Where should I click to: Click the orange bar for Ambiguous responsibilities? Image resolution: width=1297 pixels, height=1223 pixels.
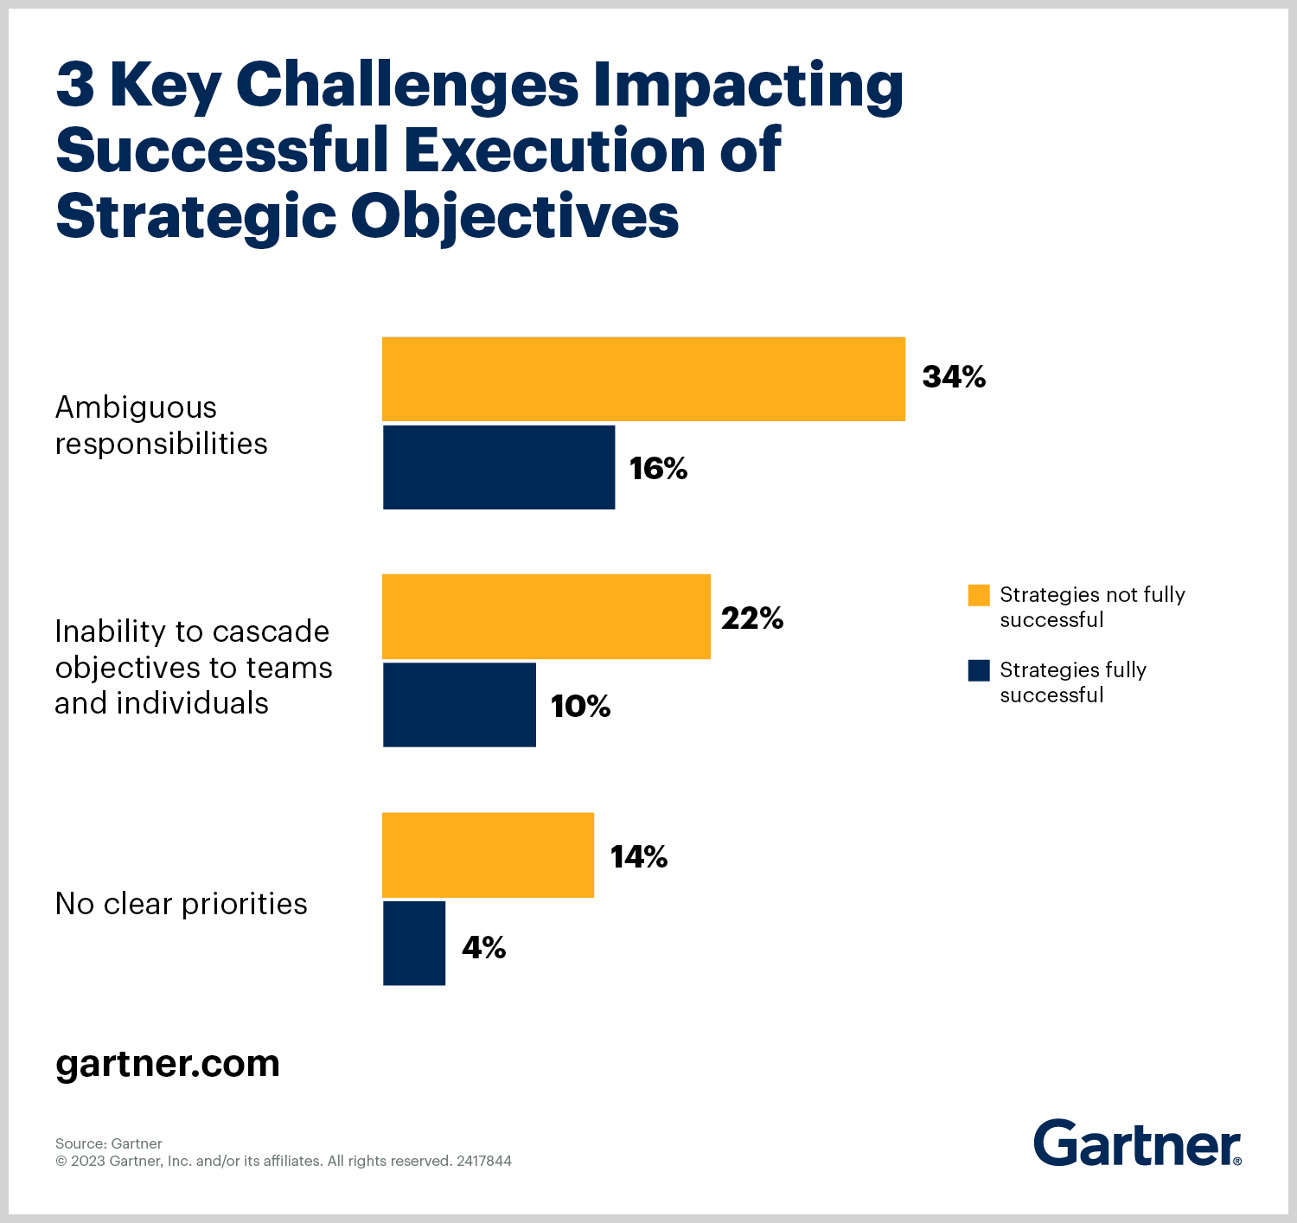click(643, 379)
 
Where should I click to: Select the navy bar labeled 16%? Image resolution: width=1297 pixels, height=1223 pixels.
click(499, 467)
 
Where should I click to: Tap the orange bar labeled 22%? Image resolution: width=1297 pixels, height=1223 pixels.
click(546, 617)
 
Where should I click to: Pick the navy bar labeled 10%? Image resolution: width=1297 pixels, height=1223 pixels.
click(459, 705)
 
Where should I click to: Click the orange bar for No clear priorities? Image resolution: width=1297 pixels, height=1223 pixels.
click(488, 855)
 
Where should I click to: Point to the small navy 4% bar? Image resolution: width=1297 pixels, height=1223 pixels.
click(414, 943)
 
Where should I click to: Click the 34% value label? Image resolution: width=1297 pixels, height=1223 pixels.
click(954, 377)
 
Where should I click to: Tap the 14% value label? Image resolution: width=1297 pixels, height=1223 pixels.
click(639, 856)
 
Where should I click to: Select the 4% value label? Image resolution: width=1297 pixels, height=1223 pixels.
click(483, 948)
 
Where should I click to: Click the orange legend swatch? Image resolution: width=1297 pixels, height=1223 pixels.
click(979, 595)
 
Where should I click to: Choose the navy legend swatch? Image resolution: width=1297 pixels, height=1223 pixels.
click(979, 670)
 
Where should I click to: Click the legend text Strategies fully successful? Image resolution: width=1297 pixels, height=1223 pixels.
click(1072, 682)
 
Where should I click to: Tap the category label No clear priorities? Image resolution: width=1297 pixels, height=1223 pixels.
click(181, 904)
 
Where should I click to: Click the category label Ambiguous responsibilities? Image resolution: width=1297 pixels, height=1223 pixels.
click(161, 426)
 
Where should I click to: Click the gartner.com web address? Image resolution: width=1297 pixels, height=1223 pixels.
click(168, 1064)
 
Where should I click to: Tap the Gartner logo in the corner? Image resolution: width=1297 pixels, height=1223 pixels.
click(1137, 1143)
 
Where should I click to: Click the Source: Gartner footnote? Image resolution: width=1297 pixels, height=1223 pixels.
click(109, 1143)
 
